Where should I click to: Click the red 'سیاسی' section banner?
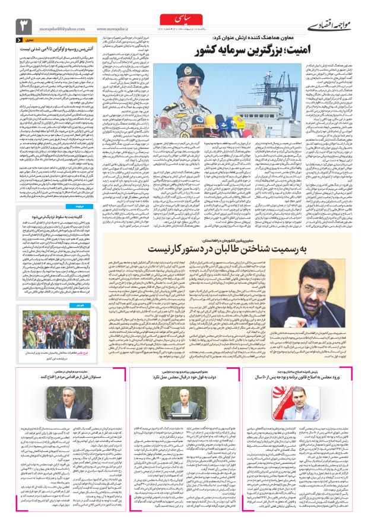(185, 21)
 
